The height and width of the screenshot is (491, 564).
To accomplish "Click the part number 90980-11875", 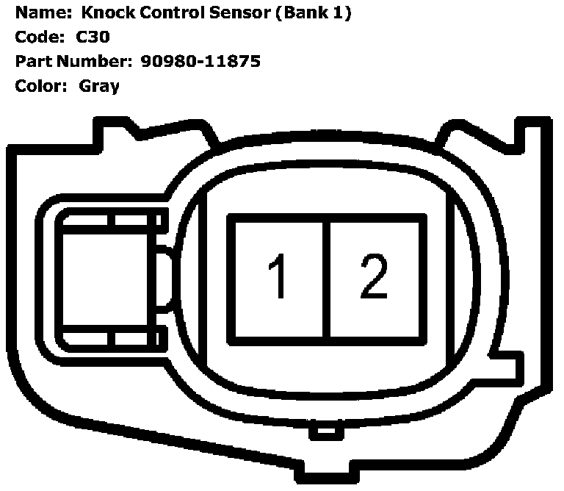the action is (x=199, y=61).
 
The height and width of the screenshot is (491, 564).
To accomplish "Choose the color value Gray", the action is (x=99, y=85).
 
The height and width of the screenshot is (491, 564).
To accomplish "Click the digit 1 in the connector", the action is (x=277, y=278).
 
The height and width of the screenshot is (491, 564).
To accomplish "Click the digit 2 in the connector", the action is (x=373, y=276).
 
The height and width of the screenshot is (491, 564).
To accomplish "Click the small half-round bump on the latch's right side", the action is (x=164, y=279).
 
